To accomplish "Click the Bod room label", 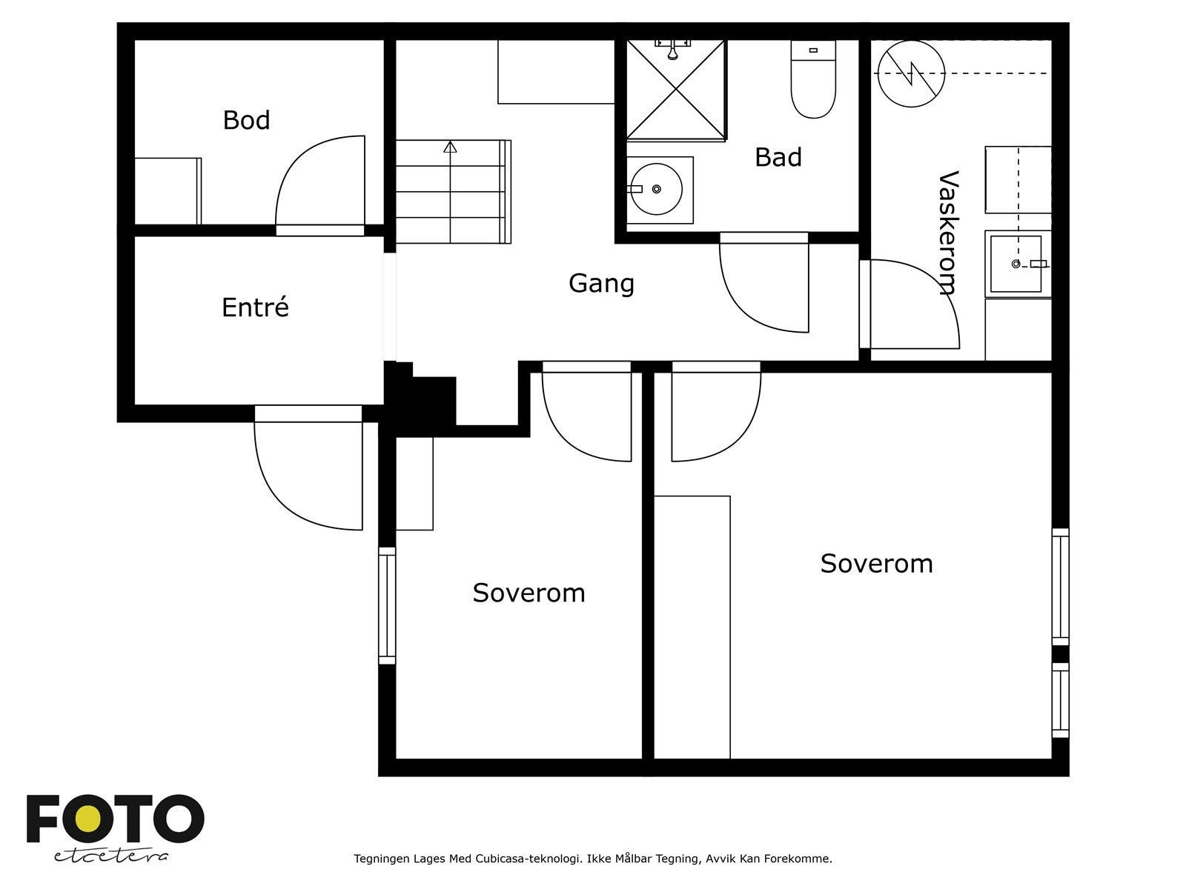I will pyautogui.click(x=246, y=120).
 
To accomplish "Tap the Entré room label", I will pyautogui.click(x=255, y=307).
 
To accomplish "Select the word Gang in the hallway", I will pyautogui.click(x=601, y=283).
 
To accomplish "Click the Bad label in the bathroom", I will pyautogui.click(x=778, y=157).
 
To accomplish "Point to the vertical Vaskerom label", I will pyautogui.click(x=948, y=233).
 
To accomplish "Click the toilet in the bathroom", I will pyautogui.click(x=813, y=80).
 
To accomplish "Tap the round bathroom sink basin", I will pyautogui.click(x=656, y=189).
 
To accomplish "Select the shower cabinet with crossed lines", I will pyautogui.click(x=675, y=90).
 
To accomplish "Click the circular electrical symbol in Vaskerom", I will pyautogui.click(x=911, y=73).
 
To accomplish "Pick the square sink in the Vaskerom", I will pyautogui.click(x=1016, y=264).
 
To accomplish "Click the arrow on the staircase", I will pyautogui.click(x=450, y=147).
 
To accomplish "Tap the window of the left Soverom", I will pyautogui.click(x=387, y=605).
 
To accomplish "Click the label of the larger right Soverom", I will pyautogui.click(x=876, y=564).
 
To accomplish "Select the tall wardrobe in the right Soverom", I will pyautogui.click(x=692, y=627).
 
